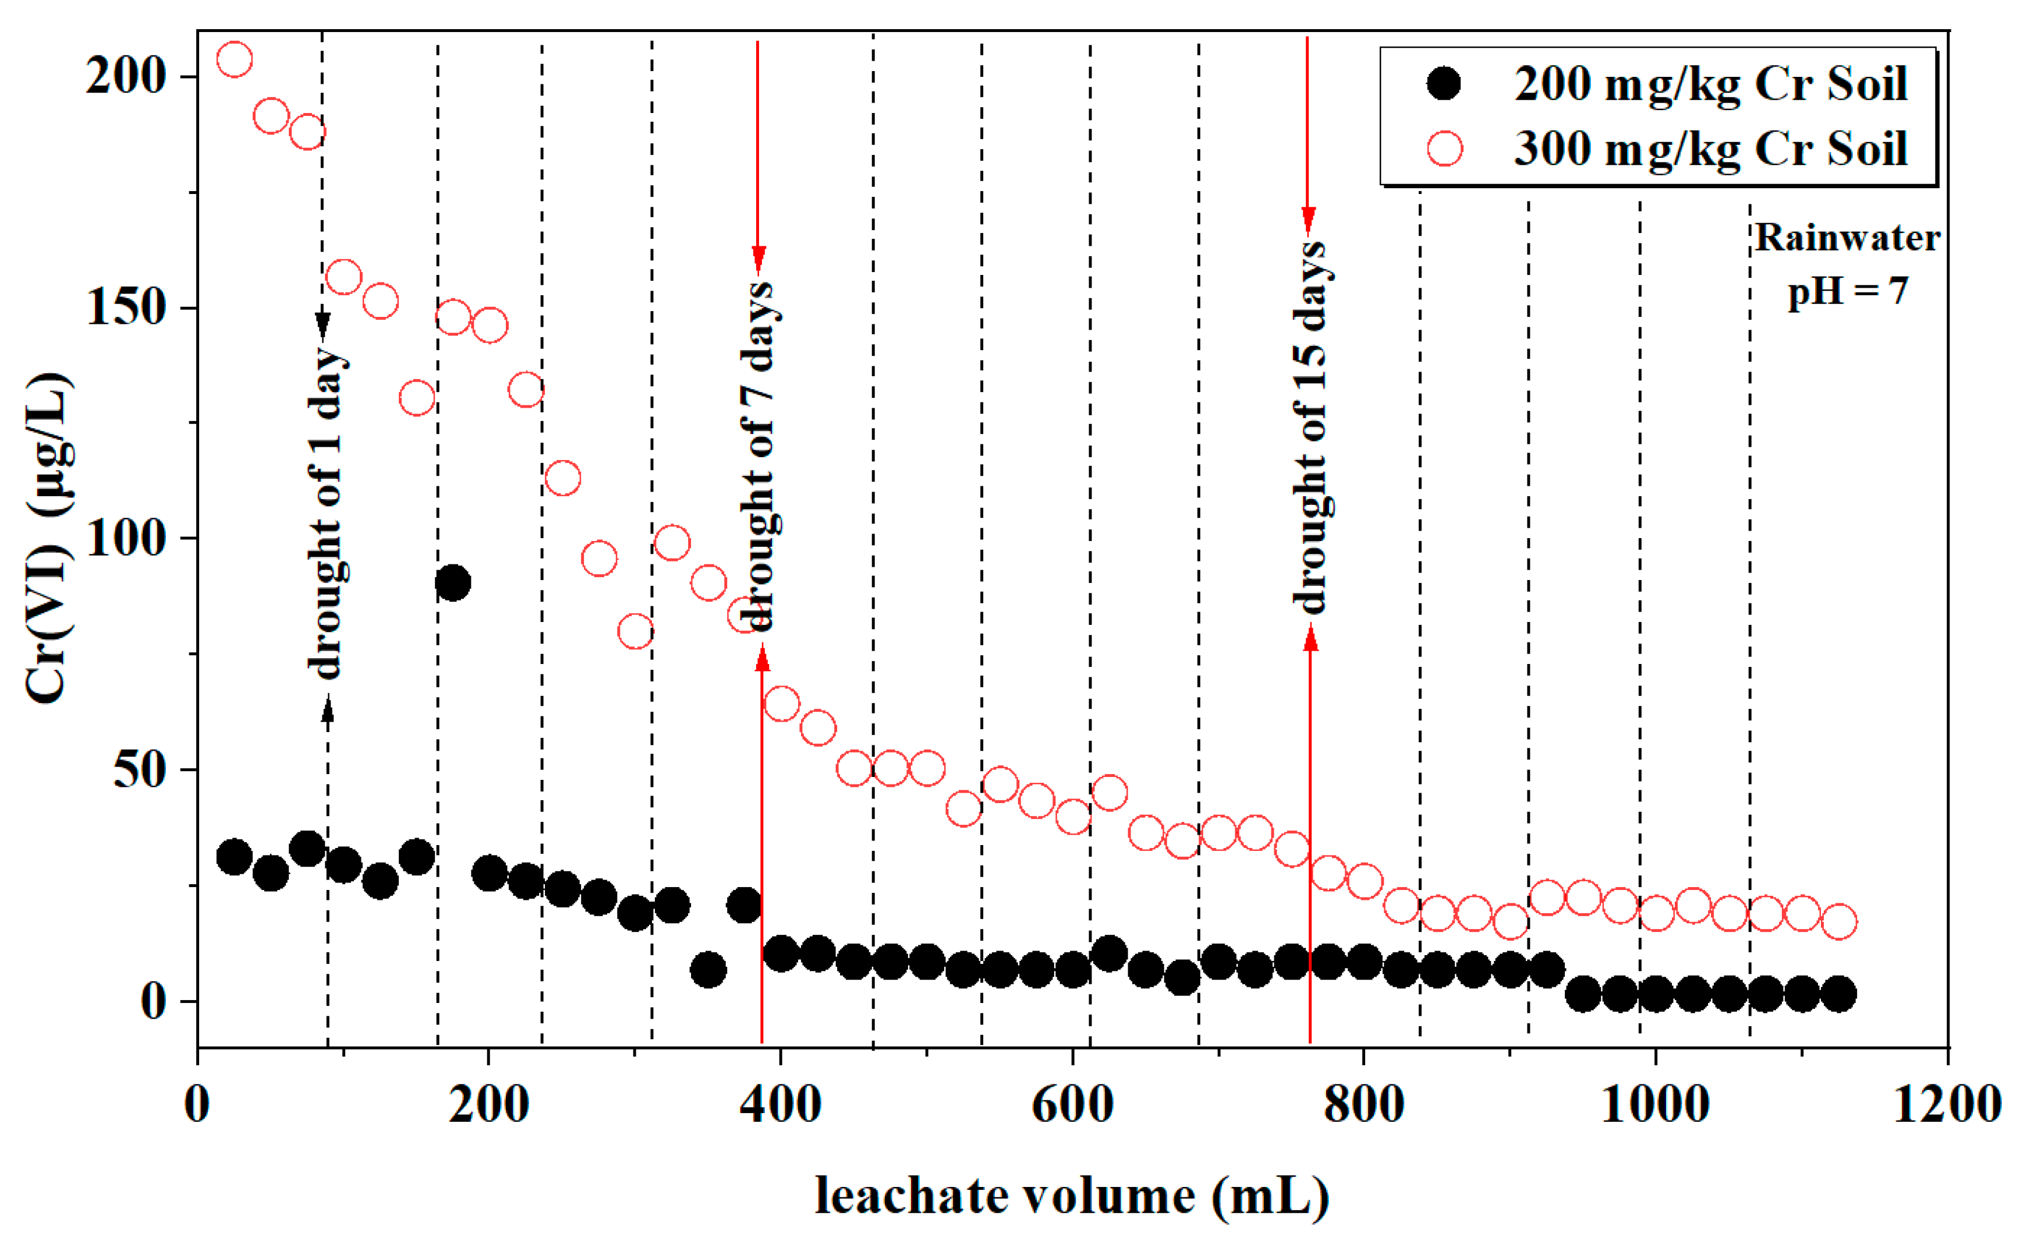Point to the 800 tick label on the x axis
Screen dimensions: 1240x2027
pyautogui.click(x=1363, y=1104)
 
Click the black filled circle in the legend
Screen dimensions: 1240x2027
pyautogui.click(x=1444, y=83)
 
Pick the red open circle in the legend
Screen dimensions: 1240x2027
pyautogui.click(x=1444, y=149)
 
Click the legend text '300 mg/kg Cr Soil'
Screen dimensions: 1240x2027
pyautogui.click(x=1710, y=149)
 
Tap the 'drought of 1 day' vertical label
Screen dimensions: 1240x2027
pyautogui.click(x=327, y=514)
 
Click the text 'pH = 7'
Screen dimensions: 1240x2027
pyautogui.click(x=1847, y=291)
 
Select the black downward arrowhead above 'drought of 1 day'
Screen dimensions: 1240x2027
pyautogui.click(x=323, y=326)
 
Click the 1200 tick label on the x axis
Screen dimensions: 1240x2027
pyautogui.click(x=1947, y=1104)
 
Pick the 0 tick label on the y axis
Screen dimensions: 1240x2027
pyautogui.click(x=154, y=1001)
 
